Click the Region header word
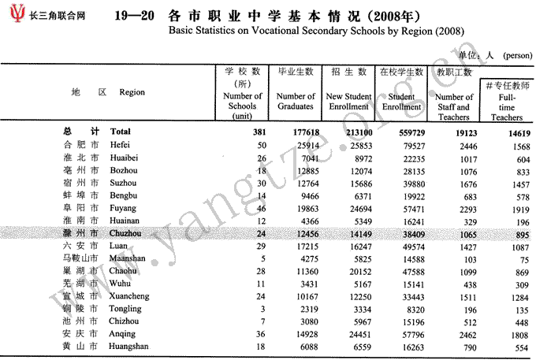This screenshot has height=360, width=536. (132, 92)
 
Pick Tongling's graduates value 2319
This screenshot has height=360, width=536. (301, 308)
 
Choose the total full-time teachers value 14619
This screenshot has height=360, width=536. (510, 131)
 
